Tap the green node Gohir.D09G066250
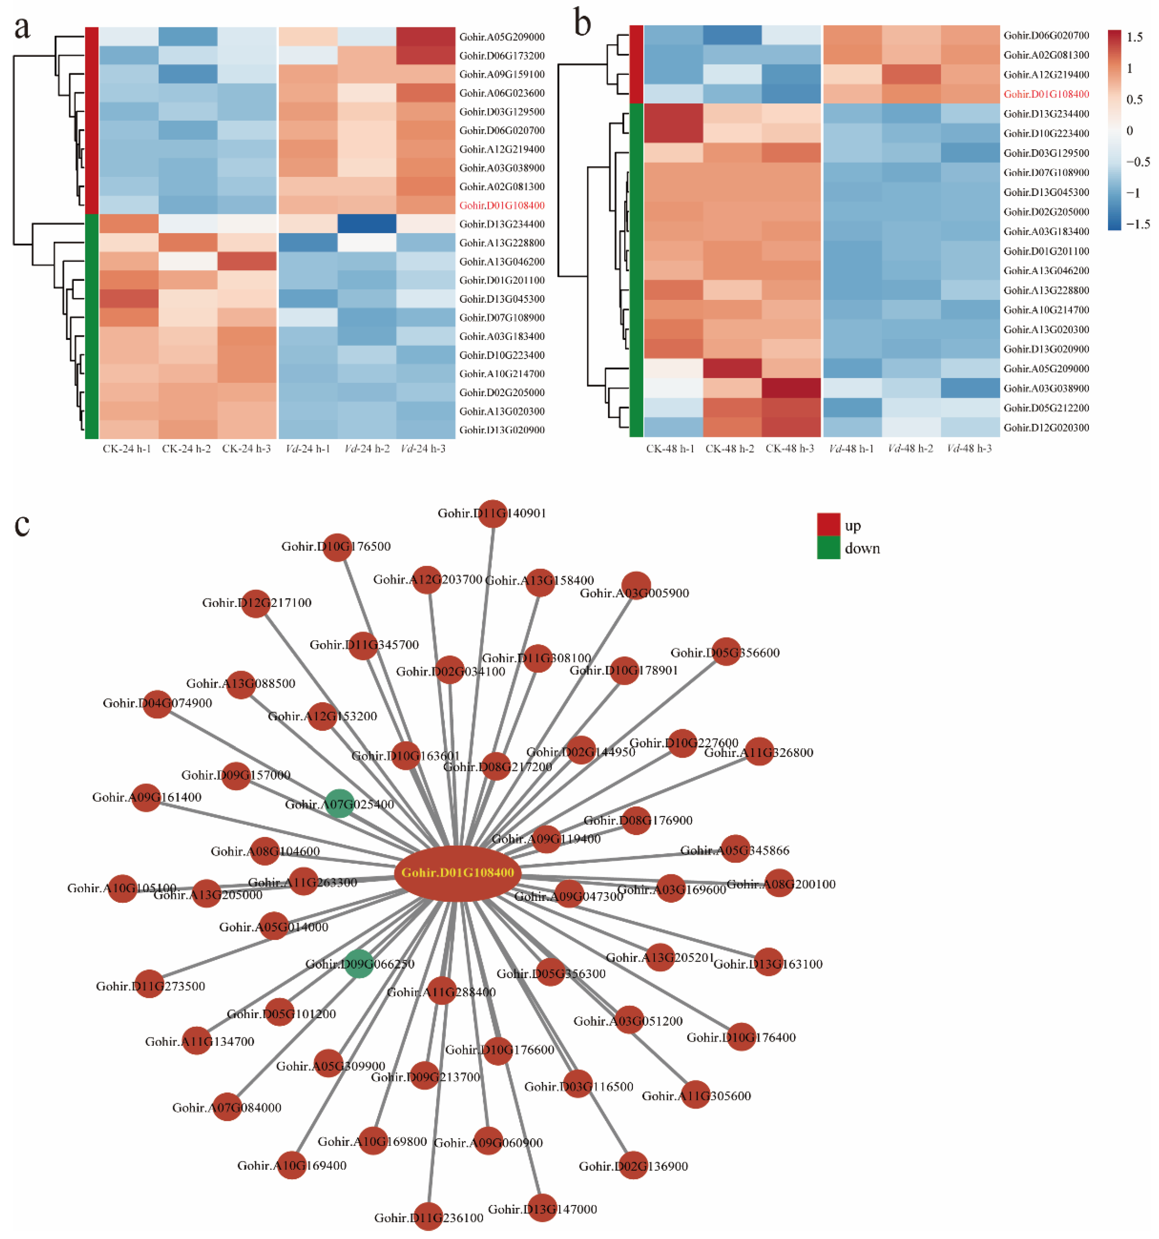pyautogui.click(x=359, y=964)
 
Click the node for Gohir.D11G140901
pyautogui.click(x=492, y=513)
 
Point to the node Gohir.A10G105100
pyautogui.click(x=122, y=888)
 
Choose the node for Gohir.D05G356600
pyautogui.click(x=726, y=651)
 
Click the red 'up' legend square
pyautogui.click(x=828, y=524)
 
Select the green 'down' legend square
pyautogui.click(x=828, y=548)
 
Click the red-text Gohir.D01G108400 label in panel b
pyautogui.click(x=1046, y=94)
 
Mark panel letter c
pyautogui.click(x=22, y=524)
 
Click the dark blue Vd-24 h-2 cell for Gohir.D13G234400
pyautogui.click(x=367, y=224)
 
